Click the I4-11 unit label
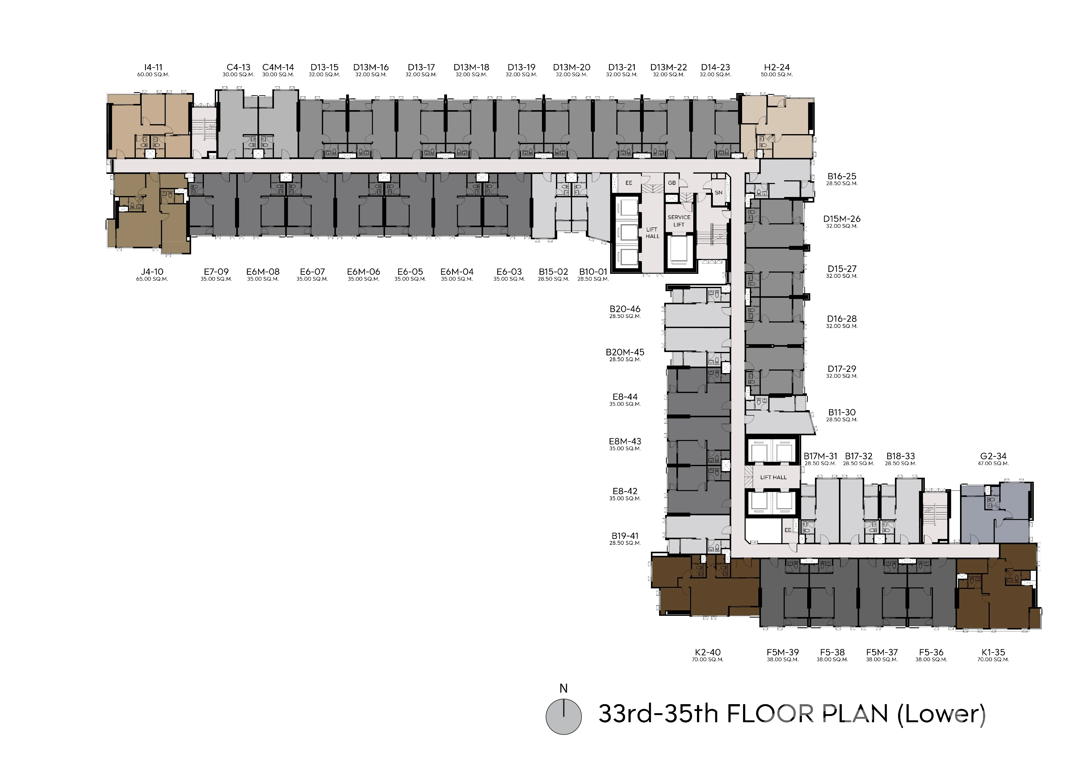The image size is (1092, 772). coord(153,68)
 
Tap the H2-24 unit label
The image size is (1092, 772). coord(777,68)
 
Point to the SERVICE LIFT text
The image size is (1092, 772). coord(679,221)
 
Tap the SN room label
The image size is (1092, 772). coord(719,193)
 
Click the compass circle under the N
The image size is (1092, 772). coord(564,717)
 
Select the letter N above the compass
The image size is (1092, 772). coord(564,688)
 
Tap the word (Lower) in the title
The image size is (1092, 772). coord(942,714)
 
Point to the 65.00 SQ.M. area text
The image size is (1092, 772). coord(152,279)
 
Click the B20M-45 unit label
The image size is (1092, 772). coord(625,352)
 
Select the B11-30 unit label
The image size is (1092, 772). coord(842,413)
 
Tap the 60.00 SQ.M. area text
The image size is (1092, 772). coord(153,75)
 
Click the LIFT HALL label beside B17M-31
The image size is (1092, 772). coord(773,477)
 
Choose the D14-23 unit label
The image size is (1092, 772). coord(715,68)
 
